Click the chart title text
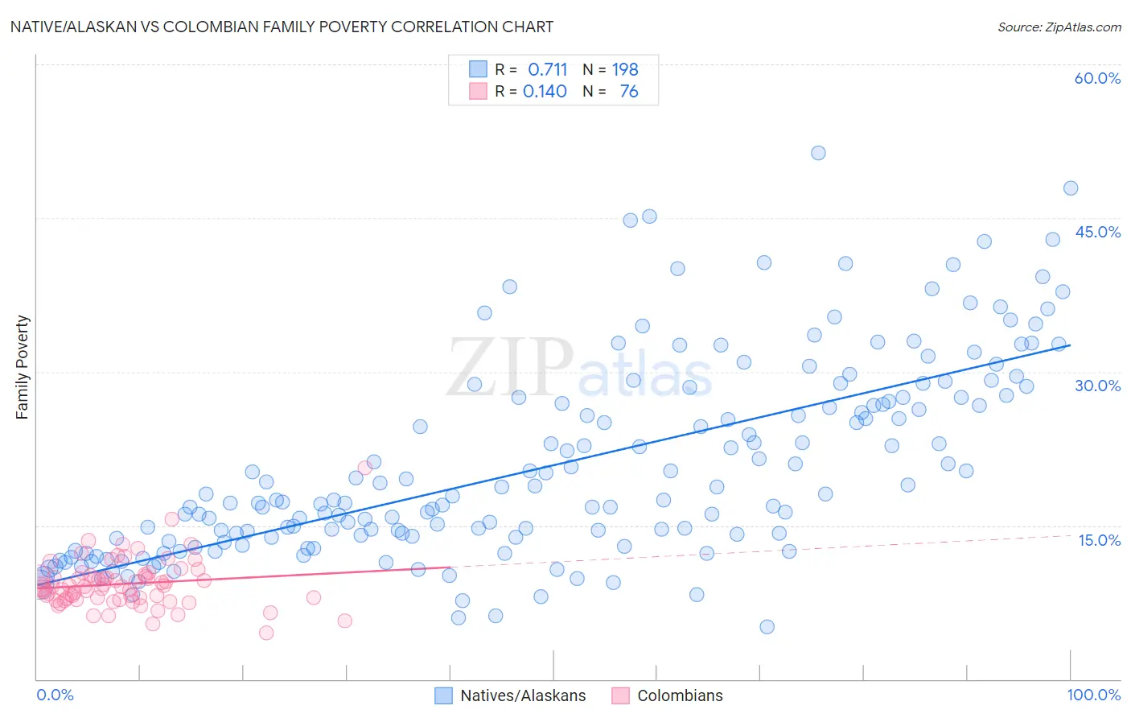click(282, 27)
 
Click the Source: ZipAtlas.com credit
click(1059, 27)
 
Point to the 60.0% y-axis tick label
click(1097, 78)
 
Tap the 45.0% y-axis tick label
click(1097, 232)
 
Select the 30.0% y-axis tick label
click(1097, 386)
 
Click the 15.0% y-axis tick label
click(1099, 540)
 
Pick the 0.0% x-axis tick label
click(55, 695)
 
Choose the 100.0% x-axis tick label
click(1093, 695)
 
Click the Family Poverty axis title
click(23, 367)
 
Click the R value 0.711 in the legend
click(547, 69)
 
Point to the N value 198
click(625, 69)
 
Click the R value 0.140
click(545, 91)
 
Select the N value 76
click(628, 91)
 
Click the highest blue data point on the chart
click(818, 153)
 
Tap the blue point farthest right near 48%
click(1071, 188)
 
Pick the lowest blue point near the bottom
click(767, 627)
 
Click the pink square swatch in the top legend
click(478, 91)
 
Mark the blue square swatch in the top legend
click(478, 69)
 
